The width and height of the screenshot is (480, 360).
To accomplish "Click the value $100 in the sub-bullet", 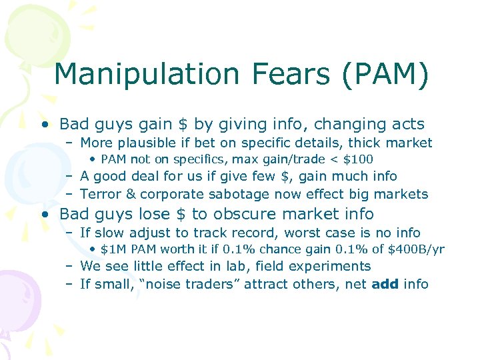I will coord(358,159).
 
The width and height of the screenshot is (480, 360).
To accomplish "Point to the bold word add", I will coord(385,284).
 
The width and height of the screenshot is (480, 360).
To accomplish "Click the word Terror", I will coord(99,194).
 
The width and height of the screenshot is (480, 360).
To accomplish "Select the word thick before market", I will coord(371,143).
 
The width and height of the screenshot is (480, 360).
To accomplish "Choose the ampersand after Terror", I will coord(130,194).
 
